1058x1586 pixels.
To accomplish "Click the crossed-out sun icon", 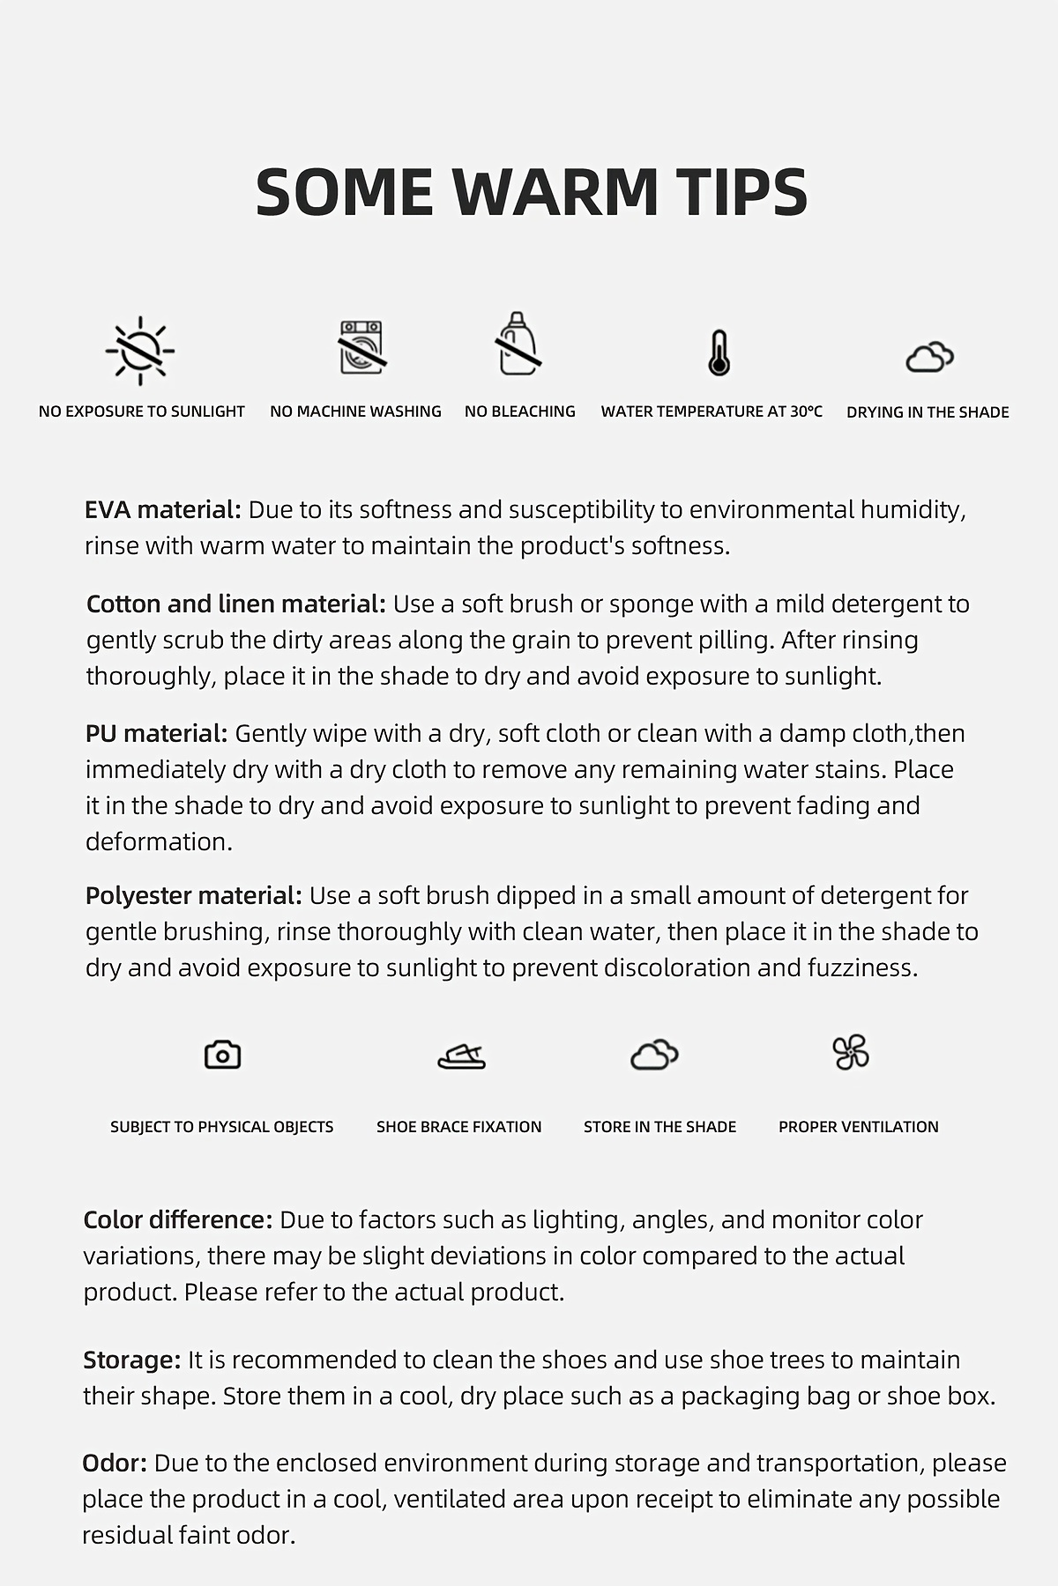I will pos(140,350).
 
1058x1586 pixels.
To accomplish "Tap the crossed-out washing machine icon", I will pos(362,348).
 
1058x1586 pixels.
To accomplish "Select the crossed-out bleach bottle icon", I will pos(518,345).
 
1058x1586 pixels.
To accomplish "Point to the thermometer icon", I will pos(719,353).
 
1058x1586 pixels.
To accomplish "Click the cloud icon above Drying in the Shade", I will pos(929,357).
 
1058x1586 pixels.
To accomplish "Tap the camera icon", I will pos(222,1055).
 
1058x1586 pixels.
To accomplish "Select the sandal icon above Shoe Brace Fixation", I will pos(461,1055).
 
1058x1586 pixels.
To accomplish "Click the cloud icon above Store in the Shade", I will pos(654,1054).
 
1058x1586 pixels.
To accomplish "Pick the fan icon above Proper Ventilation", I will pos(851,1052).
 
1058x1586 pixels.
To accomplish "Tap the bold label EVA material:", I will pos(163,510).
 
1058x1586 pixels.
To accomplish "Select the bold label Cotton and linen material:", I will pos(236,604).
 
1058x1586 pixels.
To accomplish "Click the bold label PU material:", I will pos(157,734).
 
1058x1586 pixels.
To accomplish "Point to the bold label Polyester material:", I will pos(194,896).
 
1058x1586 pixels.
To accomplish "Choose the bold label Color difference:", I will pos(178,1220).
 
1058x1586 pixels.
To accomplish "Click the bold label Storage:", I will pos(132,1360).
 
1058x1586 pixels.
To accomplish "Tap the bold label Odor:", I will pos(115,1464).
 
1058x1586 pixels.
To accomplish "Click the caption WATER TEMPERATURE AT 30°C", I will pos(712,411).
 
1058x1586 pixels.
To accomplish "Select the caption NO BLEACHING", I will pos(520,411).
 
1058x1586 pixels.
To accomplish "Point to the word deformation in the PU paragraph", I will pos(159,842).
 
